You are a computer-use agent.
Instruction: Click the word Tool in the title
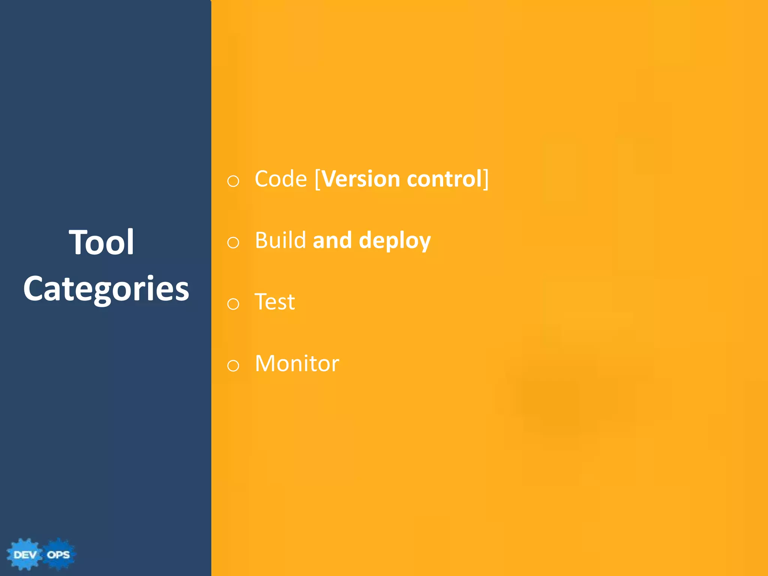(x=102, y=243)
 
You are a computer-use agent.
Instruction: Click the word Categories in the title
(x=106, y=289)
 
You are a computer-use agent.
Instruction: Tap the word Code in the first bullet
(x=281, y=179)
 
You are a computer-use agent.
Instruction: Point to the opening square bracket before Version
(x=317, y=179)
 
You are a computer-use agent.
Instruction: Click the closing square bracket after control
(x=486, y=179)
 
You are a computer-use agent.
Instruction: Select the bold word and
(x=332, y=240)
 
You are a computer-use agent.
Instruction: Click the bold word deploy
(x=394, y=241)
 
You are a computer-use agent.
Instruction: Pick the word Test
(x=275, y=302)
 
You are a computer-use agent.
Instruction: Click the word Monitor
(x=297, y=363)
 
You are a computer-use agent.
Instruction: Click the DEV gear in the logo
(x=25, y=555)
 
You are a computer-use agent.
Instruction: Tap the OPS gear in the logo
(x=58, y=555)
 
